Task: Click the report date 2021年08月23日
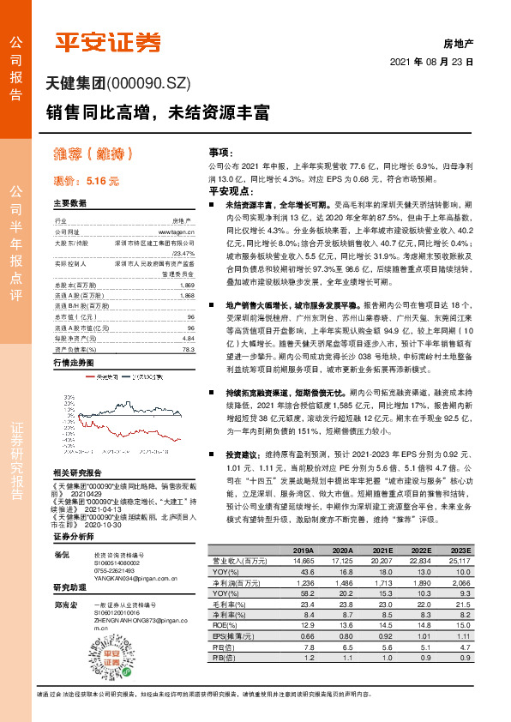click(432, 63)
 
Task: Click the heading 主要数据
click(70, 204)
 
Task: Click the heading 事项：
click(221, 151)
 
